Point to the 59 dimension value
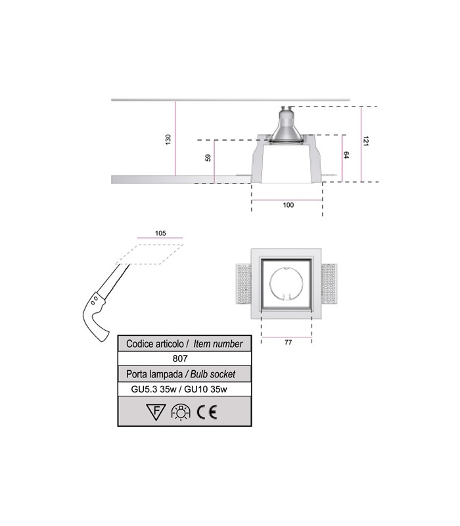(x=208, y=158)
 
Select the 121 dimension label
(x=365, y=141)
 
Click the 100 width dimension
(x=288, y=205)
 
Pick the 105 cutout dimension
(x=160, y=233)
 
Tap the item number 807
(x=181, y=359)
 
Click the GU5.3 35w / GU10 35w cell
(x=181, y=389)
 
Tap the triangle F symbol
(x=155, y=412)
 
